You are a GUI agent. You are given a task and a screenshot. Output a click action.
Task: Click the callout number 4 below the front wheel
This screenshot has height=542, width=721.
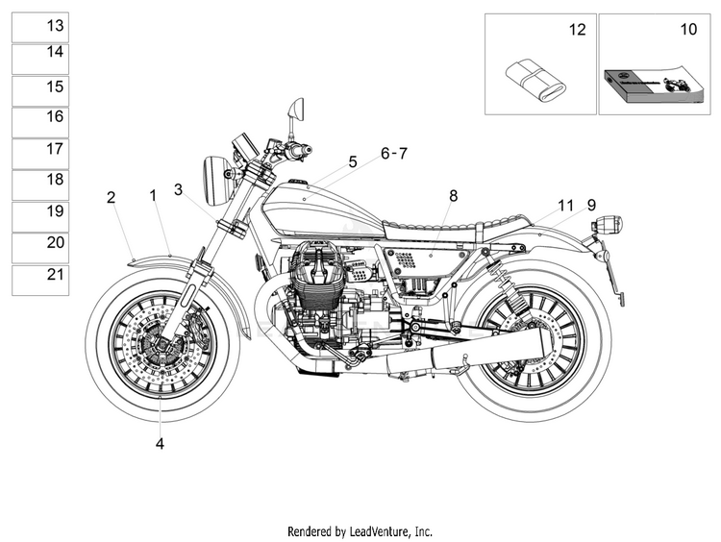160,444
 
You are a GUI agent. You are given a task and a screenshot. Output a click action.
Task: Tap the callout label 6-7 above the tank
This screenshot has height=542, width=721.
394,153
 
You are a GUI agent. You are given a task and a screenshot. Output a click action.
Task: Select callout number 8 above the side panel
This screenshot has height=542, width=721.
454,196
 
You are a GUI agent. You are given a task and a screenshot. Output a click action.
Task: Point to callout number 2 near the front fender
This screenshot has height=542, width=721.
111,198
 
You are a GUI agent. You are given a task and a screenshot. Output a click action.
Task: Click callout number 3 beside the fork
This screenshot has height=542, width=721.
179,189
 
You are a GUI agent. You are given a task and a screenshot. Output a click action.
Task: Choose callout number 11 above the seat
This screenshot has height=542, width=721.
565,206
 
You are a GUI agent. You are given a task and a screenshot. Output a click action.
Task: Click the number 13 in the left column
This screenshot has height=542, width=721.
55,25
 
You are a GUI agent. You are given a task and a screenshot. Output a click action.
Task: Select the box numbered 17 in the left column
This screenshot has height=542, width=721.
40,154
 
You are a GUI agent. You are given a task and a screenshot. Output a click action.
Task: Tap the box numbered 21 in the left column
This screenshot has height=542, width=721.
40,280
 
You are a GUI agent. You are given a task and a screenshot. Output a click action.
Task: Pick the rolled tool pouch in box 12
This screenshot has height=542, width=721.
535,80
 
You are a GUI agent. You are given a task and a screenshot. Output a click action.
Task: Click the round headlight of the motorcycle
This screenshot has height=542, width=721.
217,182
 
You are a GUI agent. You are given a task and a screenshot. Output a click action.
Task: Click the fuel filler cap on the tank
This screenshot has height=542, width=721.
298,181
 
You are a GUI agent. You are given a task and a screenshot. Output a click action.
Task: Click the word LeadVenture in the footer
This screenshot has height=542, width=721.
379,531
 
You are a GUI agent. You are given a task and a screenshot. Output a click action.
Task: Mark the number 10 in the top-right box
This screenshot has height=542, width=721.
688,30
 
